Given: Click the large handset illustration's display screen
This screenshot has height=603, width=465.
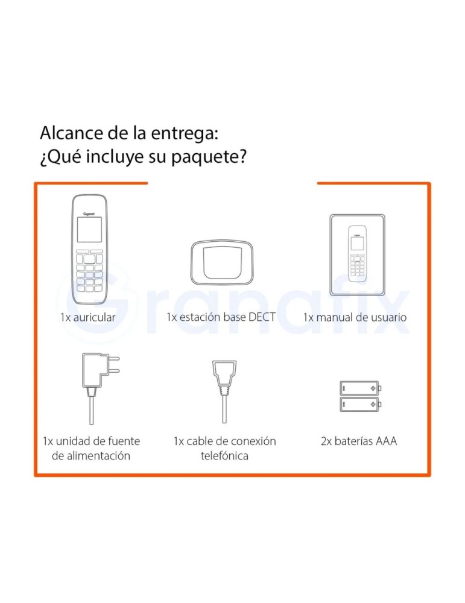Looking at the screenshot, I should click(89, 230).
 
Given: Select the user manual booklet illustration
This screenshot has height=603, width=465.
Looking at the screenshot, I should click(357, 253).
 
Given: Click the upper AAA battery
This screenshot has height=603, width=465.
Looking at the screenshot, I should click(359, 387).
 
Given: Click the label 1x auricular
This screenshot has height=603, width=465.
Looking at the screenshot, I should click(87, 317).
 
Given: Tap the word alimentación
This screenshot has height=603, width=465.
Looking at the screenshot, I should click(91, 456).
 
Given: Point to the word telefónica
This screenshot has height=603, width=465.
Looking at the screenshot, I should click(224, 456).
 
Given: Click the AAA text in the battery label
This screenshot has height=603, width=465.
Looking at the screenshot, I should click(386, 441).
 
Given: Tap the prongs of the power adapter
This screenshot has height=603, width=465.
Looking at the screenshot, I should click(113, 364).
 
